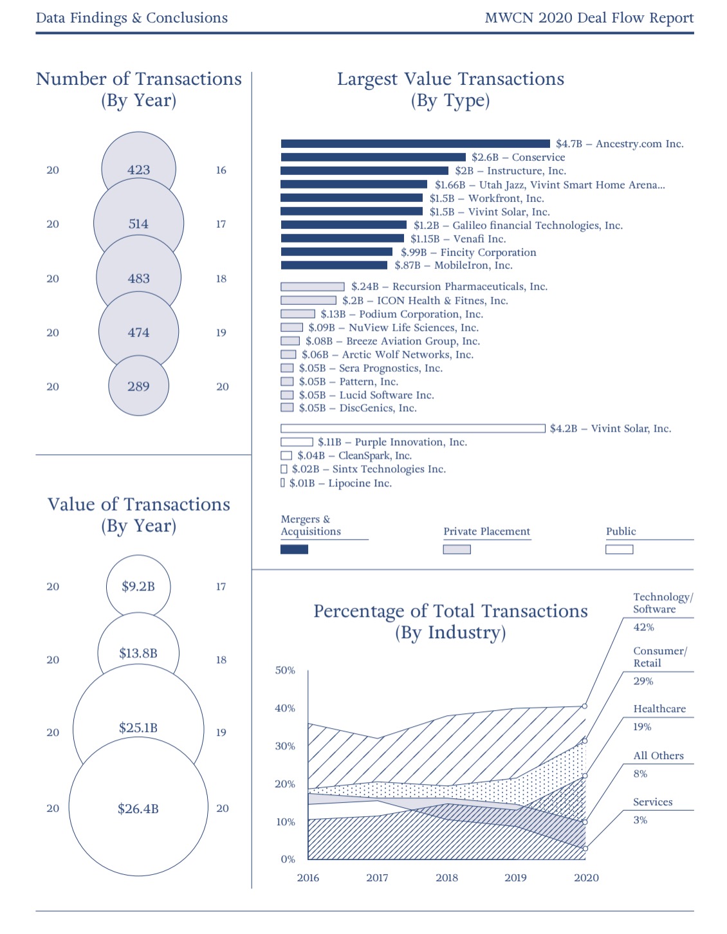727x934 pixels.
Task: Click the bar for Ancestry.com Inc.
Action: (x=415, y=144)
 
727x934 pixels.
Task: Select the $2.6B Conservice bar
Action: (x=373, y=158)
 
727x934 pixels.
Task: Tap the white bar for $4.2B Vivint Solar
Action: (x=412, y=428)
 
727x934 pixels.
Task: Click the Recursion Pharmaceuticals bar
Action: (x=313, y=287)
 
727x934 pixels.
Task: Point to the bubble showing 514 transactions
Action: (x=138, y=224)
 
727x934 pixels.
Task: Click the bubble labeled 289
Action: (x=138, y=386)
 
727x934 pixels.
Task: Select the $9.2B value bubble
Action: (x=138, y=586)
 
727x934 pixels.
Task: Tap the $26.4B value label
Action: (x=138, y=809)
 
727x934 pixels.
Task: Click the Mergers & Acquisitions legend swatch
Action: (x=294, y=549)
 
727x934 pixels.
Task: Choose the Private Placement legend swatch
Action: (x=457, y=549)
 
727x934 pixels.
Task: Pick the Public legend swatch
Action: (x=619, y=549)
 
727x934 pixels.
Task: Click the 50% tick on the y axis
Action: (x=285, y=670)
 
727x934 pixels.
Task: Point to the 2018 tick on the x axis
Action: (x=446, y=878)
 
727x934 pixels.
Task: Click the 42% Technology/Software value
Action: (x=643, y=627)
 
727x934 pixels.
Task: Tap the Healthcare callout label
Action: (x=659, y=709)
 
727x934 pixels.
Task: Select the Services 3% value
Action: (x=640, y=820)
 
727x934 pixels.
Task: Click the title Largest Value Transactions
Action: (x=450, y=79)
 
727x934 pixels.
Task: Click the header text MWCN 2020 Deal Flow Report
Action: (x=589, y=18)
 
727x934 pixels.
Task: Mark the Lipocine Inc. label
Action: (x=360, y=483)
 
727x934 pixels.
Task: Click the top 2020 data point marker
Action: (x=585, y=706)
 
